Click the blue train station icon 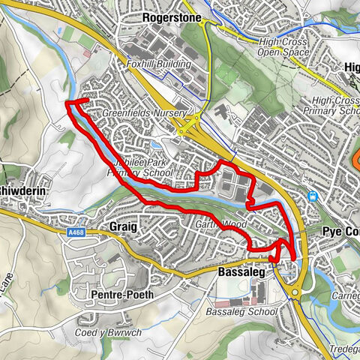312,197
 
